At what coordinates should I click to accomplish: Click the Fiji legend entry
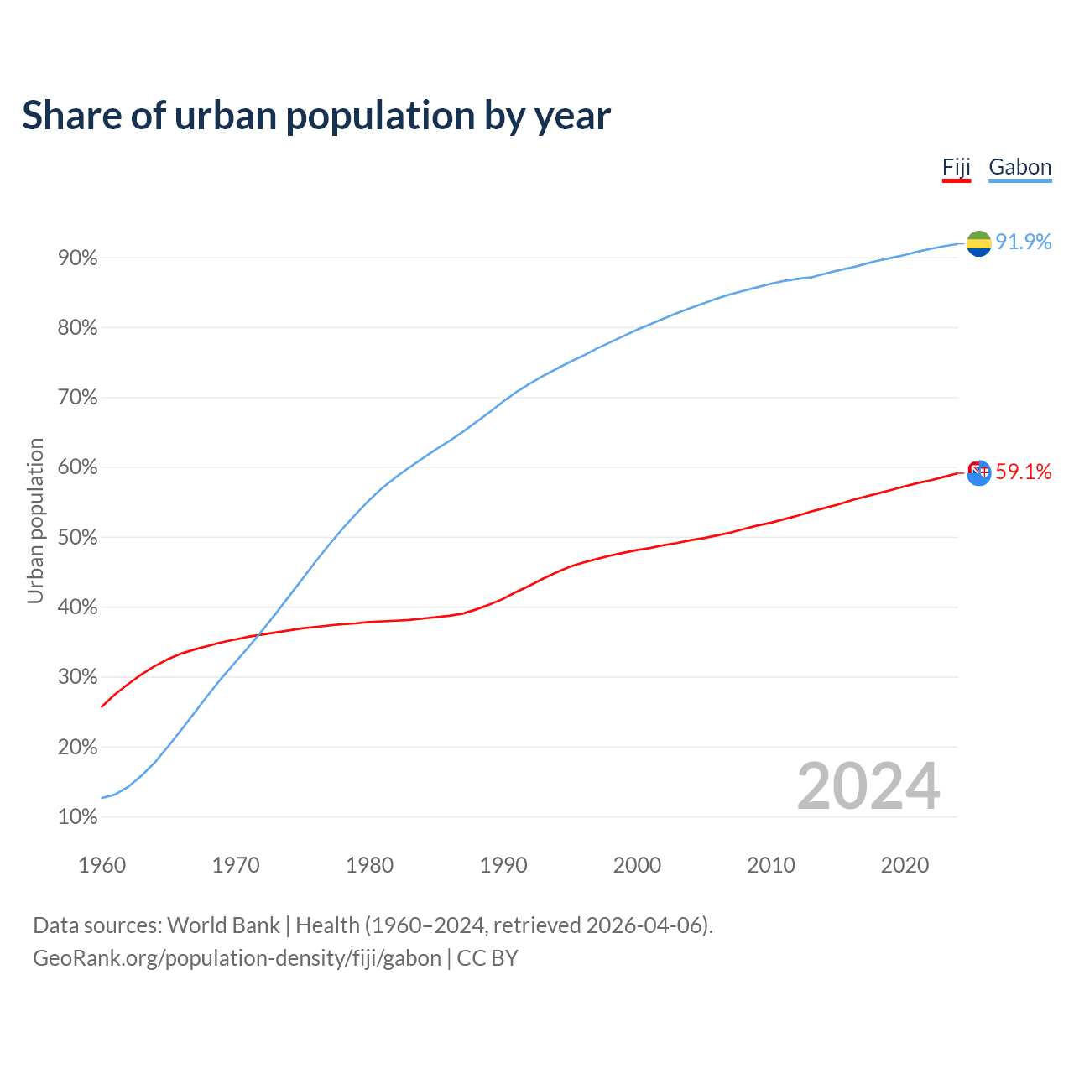point(956,167)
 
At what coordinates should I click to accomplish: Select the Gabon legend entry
point(1019,167)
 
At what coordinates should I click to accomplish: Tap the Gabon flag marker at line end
point(978,243)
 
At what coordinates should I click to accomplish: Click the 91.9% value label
point(1023,242)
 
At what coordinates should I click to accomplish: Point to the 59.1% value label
point(1023,472)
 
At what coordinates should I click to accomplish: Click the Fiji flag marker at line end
point(978,472)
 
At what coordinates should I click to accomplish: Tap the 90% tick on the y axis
point(77,258)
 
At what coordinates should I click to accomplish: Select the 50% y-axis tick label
point(77,538)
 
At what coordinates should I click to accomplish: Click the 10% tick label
point(77,817)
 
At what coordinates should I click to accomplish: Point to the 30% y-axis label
point(77,677)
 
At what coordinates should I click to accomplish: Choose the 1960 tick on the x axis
point(102,865)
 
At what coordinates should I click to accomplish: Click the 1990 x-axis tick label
point(503,865)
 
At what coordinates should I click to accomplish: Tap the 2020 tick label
point(905,865)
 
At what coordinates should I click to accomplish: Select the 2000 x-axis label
point(637,865)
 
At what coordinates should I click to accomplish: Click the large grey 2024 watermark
point(868,786)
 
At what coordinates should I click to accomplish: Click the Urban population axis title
point(35,520)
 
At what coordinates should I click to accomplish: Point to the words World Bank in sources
point(223,925)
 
